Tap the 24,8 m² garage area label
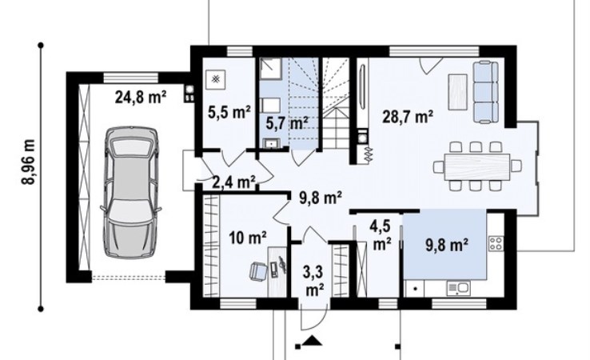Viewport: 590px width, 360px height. (x=141, y=97)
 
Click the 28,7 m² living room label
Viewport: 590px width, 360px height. (x=408, y=116)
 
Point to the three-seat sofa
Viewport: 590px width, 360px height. (x=485, y=92)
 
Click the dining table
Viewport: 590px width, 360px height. (x=477, y=166)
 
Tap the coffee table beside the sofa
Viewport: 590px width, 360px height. (x=457, y=91)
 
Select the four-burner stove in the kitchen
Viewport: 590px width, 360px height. (x=496, y=243)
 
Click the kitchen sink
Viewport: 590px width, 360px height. (x=459, y=289)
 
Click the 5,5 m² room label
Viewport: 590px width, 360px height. (x=229, y=112)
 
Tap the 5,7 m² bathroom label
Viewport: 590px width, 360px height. (x=287, y=122)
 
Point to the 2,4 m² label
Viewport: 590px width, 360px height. (x=234, y=182)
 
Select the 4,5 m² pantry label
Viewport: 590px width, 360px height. (x=381, y=236)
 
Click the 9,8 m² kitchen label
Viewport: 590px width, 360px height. (x=447, y=245)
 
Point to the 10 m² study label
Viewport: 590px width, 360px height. (x=248, y=238)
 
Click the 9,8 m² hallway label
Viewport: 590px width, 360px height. (x=321, y=198)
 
